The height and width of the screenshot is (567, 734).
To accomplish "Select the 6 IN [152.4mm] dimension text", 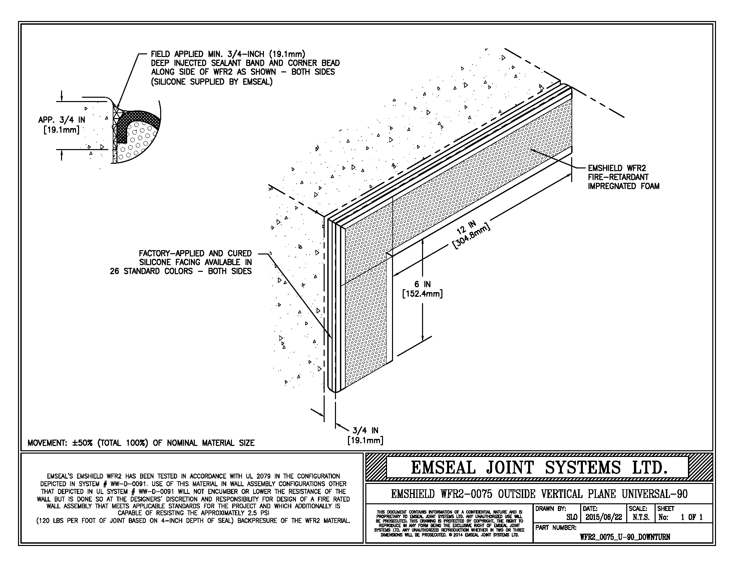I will click(x=422, y=289).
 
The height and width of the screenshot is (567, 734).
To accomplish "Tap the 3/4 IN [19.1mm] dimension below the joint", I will click(x=365, y=435).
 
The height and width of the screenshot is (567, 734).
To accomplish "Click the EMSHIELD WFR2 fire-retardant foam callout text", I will click(x=623, y=177).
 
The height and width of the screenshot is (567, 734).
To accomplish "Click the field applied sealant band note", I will click(x=245, y=67).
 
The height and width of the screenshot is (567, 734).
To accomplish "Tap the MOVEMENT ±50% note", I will click(x=141, y=443).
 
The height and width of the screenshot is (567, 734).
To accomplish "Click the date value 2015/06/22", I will click(x=603, y=517).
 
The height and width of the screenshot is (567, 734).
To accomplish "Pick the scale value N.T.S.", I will click(x=641, y=517).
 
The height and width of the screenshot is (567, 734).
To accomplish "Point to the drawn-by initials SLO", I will click(x=572, y=517).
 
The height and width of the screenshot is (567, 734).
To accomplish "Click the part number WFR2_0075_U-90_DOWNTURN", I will click(x=625, y=537).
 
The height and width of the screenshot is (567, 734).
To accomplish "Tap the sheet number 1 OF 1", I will click(x=692, y=517).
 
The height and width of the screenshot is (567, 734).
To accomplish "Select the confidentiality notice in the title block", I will click(x=449, y=523).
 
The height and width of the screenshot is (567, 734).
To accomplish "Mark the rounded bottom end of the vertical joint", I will click(x=335, y=389).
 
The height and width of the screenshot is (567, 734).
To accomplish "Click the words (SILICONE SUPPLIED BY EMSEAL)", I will click(x=212, y=82).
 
